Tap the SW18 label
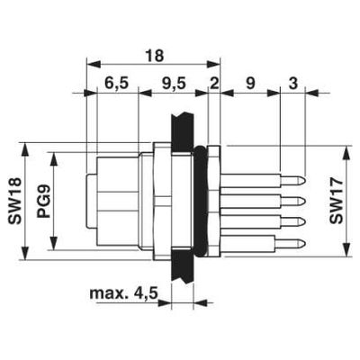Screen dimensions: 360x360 [13, 197]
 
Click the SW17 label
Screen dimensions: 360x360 [335, 202]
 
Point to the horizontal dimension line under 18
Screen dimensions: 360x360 [153, 65]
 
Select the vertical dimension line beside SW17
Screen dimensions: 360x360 [349, 202]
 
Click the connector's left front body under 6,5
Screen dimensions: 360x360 [112, 198]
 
